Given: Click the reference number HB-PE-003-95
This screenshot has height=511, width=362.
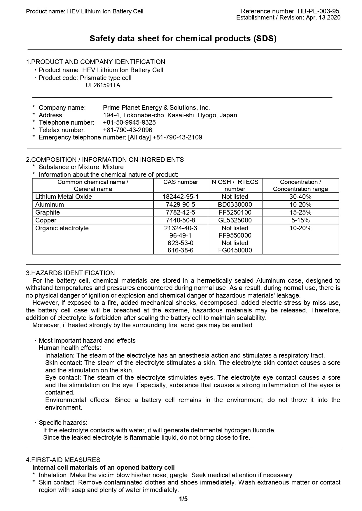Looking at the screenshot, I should [318, 11].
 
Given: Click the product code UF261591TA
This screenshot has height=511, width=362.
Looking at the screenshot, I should [103, 86].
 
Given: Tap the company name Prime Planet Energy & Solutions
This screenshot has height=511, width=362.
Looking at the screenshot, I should [156, 108].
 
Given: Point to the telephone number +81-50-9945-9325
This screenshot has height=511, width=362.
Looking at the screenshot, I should [129, 123].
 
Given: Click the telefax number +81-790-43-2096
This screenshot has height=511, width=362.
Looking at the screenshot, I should [127, 130].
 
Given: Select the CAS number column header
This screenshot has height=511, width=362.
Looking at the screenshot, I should [181, 182].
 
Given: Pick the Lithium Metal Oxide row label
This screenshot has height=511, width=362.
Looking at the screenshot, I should [64, 197].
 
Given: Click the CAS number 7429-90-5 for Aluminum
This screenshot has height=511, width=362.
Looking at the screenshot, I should [181, 205].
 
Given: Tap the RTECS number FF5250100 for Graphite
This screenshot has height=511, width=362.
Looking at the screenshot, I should [235, 213].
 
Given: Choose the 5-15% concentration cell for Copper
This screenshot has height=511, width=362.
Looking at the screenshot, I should [300, 220].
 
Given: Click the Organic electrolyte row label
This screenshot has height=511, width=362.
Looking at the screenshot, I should [62, 228].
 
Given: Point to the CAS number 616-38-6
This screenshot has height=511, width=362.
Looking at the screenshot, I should [181, 250].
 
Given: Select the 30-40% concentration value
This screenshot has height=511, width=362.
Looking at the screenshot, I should [300, 197].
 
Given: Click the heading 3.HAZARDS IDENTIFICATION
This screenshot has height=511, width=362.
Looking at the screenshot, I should [70, 273].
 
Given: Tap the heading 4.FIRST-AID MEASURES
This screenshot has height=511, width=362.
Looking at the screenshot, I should [63, 460].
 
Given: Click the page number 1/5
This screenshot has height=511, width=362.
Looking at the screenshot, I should [183, 499].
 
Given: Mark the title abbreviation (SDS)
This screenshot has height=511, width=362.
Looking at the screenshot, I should [265, 39].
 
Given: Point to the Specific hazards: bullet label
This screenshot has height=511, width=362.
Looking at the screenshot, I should [63, 423].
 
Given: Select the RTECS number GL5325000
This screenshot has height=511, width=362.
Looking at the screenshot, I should [235, 220].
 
